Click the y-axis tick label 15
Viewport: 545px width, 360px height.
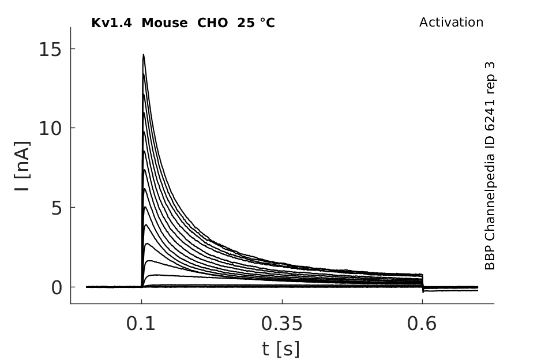[50, 50]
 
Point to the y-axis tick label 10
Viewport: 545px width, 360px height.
[50, 129]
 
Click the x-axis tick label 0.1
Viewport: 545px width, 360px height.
[140, 324]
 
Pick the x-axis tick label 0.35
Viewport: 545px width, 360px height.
[282, 324]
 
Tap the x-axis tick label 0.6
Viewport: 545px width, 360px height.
[422, 324]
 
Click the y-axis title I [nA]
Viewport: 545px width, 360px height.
[22, 166]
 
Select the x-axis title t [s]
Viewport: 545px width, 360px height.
[281, 348]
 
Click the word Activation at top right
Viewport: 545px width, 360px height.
[451, 22]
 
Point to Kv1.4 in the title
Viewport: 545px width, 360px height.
[111, 23]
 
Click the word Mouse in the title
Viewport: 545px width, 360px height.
[164, 23]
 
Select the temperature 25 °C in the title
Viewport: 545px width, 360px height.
[256, 23]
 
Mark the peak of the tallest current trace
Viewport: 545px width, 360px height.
[143, 55]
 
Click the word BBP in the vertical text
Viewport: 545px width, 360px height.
[490, 257]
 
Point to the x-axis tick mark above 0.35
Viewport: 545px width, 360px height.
[282, 301]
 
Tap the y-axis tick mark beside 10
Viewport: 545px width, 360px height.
[73, 128]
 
